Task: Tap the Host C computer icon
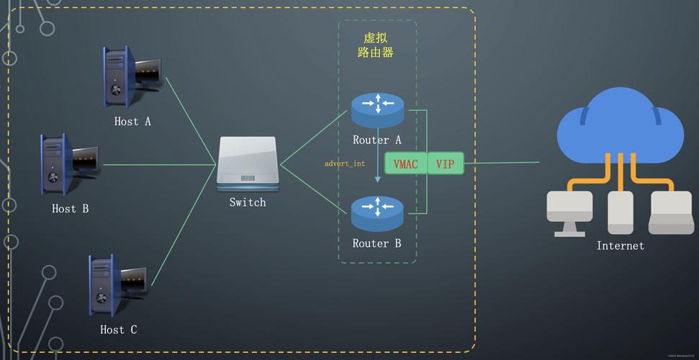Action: [119, 284]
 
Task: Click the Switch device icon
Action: [248, 163]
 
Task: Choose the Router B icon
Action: [378, 213]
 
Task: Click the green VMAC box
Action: [406, 164]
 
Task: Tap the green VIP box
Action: [446, 164]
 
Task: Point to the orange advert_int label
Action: [345, 163]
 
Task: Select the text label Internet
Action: [620, 246]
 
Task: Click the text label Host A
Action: [132, 122]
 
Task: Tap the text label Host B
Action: [71, 209]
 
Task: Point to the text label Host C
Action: [118, 330]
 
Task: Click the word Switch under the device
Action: [248, 202]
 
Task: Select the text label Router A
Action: [377, 140]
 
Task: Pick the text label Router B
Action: [376, 243]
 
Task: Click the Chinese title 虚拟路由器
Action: [376, 45]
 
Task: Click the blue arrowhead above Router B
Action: [378, 179]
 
